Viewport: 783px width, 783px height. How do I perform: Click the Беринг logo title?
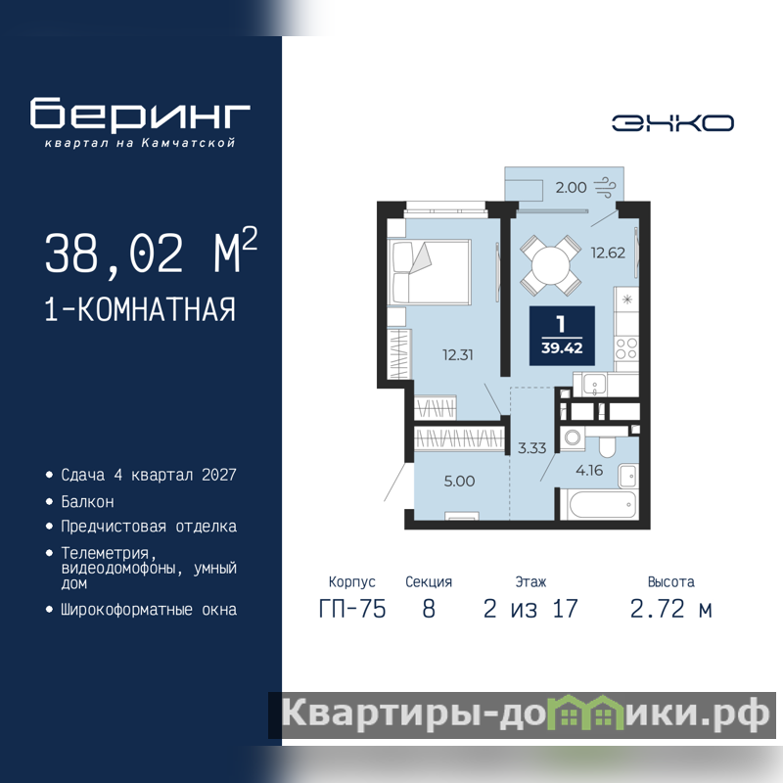(x=140, y=114)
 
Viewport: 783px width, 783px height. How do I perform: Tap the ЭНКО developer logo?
(x=672, y=123)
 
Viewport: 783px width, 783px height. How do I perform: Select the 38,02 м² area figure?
(x=152, y=252)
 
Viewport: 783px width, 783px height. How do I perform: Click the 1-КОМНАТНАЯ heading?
(x=140, y=309)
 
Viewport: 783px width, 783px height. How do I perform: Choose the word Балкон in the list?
(x=87, y=501)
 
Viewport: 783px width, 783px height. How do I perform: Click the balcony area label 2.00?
(x=571, y=188)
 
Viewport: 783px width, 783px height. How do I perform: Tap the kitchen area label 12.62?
(x=608, y=253)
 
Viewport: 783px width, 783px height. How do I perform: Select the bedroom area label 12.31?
(x=457, y=355)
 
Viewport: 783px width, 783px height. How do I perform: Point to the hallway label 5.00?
(x=459, y=482)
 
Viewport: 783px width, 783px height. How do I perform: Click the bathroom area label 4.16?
(x=589, y=471)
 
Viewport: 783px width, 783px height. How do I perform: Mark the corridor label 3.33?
(x=531, y=448)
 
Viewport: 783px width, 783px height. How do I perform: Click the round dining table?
(x=551, y=265)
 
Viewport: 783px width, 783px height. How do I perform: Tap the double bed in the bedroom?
(x=430, y=272)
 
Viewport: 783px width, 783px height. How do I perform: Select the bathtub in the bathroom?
(x=599, y=504)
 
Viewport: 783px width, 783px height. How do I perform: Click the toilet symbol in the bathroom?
(x=607, y=443)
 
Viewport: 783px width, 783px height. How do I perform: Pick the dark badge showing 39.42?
(x=562, y=336)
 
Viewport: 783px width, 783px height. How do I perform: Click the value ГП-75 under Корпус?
(x=352, y=609)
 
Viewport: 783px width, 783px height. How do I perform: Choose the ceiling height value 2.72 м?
(x=670, y=609)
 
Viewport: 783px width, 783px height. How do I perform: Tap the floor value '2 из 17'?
(x=530, y=609)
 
